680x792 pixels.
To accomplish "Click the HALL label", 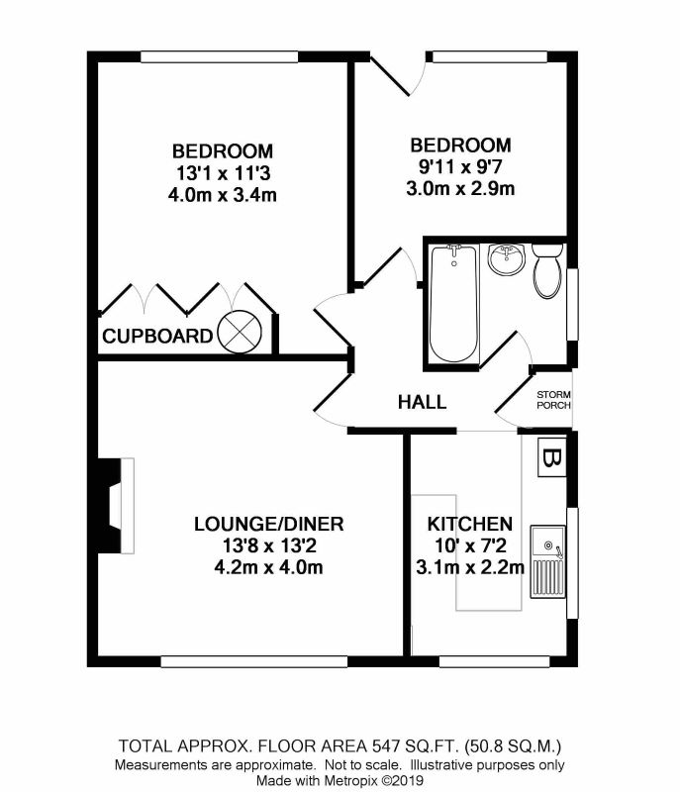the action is (422, 402).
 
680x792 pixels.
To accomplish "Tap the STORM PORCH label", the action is (553, 400).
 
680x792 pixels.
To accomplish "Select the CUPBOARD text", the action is (157, 336).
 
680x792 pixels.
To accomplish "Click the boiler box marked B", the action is (551, 457).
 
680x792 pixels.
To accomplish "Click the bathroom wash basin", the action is (507, 259).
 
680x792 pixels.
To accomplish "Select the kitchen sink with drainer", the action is (547, 561).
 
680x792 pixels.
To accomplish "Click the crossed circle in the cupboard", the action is (240, 332).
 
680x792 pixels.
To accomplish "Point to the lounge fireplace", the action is (116, 505).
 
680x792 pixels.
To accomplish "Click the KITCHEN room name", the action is (470, 524).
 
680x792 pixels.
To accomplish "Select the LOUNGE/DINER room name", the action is (269, 524).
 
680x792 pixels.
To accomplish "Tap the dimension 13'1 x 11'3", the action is (223, 173).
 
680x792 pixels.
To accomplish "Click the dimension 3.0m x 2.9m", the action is (460, 188).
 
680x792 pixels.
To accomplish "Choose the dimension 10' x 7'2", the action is (470, 545).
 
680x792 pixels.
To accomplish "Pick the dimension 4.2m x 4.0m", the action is (268, 567).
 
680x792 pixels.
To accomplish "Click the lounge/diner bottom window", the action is (254, 661).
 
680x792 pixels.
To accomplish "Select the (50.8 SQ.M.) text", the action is (513, 745).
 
